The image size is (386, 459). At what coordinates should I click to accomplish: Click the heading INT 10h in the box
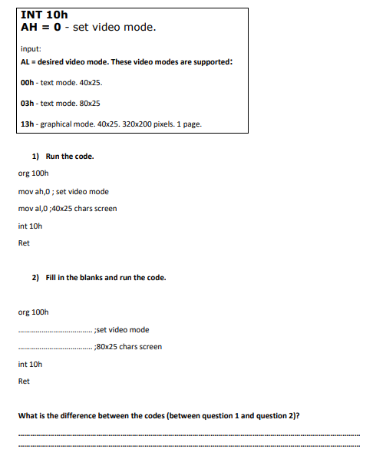pyautogui.click(x=45, y=15)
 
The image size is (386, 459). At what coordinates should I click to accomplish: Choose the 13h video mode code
pyautogui.click(x=28, y=124)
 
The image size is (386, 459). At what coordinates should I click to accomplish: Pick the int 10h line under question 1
pyautogui.click(x=30, y=226)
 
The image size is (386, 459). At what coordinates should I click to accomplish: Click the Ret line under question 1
pyautogui.click(x=24, y=243)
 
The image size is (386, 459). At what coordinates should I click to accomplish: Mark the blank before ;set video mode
pyautogui.click(x=54, y=330)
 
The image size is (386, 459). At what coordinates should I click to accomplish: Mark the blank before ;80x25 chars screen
pyautogui.click(x=54, y=347)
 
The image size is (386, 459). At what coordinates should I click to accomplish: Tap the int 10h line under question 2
pyautogui.click(x=30, y=364)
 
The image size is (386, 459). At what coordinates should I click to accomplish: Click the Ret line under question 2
pyautogui.click(x=24, y=381)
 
